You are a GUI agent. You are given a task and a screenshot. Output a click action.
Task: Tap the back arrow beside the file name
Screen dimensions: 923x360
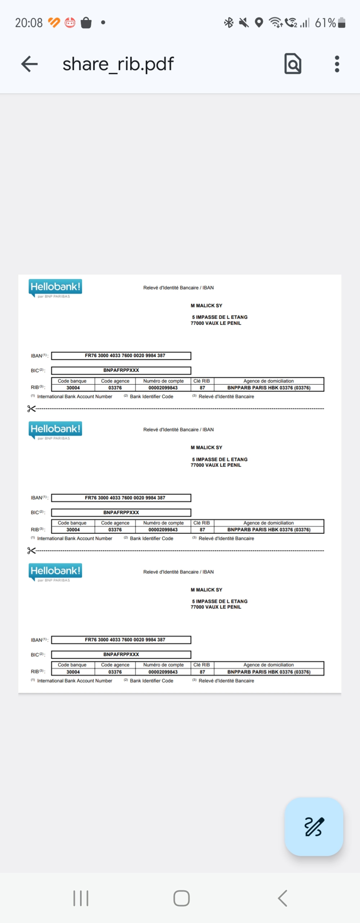(29, 64)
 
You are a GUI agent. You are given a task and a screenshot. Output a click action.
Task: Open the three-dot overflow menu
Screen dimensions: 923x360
(337, 64)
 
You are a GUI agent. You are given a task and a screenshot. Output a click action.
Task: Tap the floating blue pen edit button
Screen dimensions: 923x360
(314, 827)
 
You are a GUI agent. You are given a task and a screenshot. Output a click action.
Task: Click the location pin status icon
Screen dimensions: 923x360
(259, 23)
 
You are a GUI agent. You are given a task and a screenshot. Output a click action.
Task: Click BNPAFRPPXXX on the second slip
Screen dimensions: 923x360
(121, 512)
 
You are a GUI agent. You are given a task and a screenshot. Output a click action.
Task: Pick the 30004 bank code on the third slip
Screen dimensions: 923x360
(73, 672)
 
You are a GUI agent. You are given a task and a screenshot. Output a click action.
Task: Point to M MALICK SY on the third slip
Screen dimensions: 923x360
(206, 590)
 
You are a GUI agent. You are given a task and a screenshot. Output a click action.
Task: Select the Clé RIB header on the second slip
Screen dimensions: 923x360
(202, 523)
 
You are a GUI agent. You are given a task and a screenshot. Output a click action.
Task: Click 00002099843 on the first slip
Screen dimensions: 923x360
(163, 388)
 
